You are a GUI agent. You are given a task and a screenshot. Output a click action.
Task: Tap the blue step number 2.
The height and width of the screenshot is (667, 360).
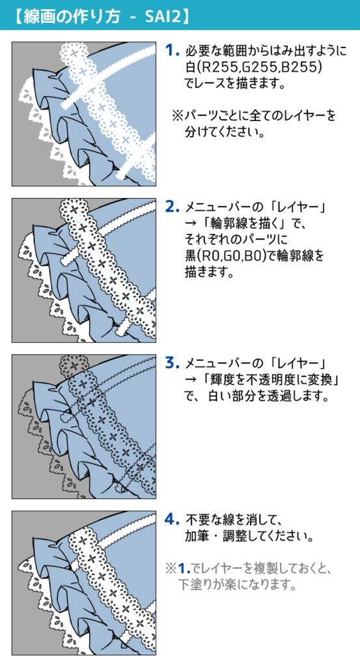[172, 207]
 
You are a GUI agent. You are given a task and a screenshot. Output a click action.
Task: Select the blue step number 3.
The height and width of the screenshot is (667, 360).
[172, 363]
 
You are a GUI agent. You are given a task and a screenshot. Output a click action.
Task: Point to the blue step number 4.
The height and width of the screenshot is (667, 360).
[172, 519]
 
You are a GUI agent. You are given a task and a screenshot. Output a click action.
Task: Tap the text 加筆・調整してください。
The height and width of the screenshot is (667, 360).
[247, 537]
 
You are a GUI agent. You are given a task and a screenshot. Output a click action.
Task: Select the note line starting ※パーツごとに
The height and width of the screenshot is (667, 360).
[254, 116]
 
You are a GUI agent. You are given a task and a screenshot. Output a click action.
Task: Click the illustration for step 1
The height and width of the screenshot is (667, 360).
[84, 113]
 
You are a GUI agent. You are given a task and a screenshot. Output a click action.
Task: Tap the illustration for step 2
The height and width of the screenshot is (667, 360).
[84, 270]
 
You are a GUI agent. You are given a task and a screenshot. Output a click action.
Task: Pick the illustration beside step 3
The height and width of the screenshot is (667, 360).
[84, 426]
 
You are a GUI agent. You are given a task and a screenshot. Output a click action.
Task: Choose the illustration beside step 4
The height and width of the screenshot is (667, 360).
[84, 582]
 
